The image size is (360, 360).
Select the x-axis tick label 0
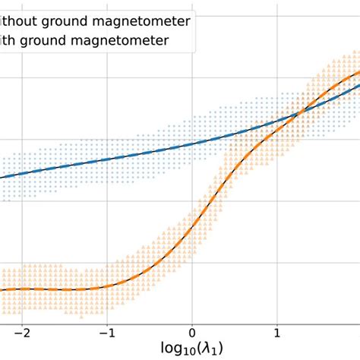[192, 332]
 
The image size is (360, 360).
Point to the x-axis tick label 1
[277, 332]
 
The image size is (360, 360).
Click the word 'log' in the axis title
[172, 349]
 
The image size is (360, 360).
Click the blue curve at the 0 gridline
[192, 141]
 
